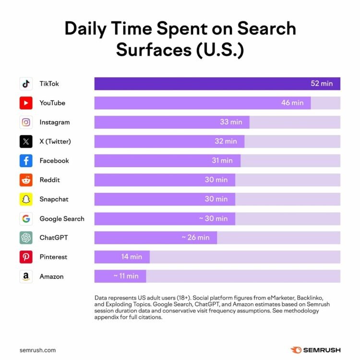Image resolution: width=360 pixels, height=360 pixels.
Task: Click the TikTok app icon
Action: [26, 84]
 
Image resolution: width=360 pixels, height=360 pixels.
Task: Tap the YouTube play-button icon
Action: [26, 103]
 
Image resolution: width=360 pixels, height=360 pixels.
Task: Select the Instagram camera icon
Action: [26, 122]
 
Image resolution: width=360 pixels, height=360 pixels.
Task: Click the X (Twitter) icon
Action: [26, 142]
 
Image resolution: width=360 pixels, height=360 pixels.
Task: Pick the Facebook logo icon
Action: [26, 161]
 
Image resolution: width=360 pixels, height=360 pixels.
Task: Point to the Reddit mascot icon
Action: [26, 180]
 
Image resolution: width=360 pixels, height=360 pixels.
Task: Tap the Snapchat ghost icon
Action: [26, 199]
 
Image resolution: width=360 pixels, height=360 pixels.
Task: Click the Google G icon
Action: [26, 218]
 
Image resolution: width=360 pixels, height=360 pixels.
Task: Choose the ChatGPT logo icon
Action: [26, 238]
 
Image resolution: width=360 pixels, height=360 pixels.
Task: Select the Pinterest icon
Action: [26, 257]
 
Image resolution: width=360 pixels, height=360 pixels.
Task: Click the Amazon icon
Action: [26, 276]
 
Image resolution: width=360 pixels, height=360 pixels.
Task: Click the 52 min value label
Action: [322, 84]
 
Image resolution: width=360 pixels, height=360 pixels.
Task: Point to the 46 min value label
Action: [292, 103]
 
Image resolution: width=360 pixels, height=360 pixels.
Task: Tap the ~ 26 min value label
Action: [195, 238]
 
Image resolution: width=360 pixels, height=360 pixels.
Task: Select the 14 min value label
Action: [132, 257]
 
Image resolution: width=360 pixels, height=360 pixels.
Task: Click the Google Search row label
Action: [62, 218]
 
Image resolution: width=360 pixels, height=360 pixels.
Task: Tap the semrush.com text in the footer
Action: [38, 350]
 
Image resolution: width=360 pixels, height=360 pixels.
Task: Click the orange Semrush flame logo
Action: [296, 350]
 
